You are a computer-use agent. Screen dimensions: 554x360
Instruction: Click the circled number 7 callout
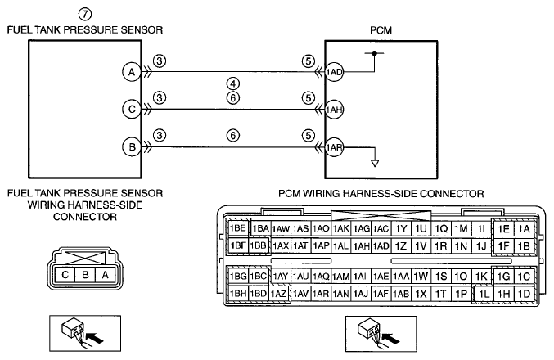click(85, 14)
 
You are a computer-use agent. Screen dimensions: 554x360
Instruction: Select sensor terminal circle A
click(132, 72)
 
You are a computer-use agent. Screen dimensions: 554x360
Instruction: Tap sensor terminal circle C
click(132, 109)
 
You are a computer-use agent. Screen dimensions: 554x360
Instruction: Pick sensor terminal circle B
click(132, 146)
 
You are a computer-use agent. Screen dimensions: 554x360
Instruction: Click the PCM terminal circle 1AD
click(334, 72)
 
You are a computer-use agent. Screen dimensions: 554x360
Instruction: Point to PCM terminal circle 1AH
click(334, 110)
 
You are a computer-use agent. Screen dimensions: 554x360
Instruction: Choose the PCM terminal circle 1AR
click(334, 147)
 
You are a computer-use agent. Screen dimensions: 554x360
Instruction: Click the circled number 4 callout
click(233, 83)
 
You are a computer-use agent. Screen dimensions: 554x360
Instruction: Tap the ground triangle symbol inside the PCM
click(375, 163)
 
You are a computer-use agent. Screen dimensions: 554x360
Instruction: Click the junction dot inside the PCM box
click(375, 53)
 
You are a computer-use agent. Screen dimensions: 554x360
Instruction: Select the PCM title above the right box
click(381, 30)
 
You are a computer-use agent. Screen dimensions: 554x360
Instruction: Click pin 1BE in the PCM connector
click(238, 228)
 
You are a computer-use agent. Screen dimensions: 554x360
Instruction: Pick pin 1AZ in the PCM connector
click(278, 294)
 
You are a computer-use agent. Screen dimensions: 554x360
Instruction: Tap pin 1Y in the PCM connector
click(401, 229)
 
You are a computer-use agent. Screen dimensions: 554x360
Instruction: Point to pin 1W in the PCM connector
click(421, 277)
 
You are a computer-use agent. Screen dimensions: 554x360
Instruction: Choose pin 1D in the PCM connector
click(525, 294)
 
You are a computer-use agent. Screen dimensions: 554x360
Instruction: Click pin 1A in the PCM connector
click(525, 229)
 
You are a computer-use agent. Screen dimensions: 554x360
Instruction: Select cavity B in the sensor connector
click(85, 275)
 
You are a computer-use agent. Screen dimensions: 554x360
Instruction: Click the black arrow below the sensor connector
click(95, 337)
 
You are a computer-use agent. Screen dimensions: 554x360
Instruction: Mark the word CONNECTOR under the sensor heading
click(85, 217)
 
